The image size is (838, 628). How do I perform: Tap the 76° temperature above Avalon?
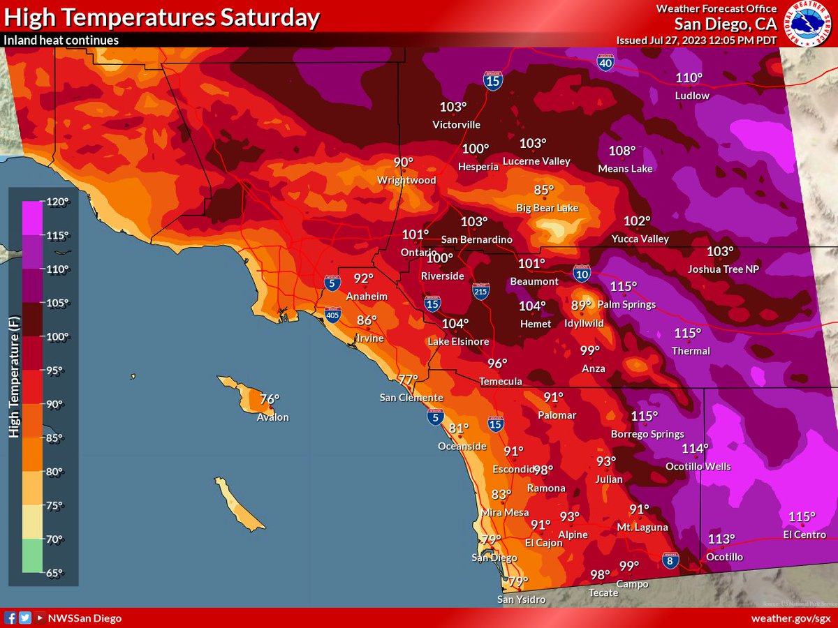click(x=270, y=400)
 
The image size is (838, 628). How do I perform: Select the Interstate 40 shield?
click(x=605, y=63)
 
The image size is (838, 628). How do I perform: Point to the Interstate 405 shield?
click(x=332, y=316)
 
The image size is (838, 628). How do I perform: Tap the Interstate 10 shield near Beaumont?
click(x=582, y=273)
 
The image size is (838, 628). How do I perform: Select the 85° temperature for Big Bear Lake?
click(x=544, y=190)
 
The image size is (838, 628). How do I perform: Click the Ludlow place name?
click(x=692, y=96)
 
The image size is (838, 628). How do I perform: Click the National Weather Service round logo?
click(x=809, y=23)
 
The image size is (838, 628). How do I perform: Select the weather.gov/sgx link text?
click(x=791, y=618)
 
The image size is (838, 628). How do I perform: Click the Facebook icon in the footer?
click(x=10, y=618)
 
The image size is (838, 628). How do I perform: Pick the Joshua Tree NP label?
click(x=722, y=269)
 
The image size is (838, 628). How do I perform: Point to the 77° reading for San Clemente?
click(x=408, y=380)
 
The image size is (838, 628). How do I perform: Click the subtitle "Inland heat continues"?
click(x=61, y=40)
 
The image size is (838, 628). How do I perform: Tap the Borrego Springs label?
click(x=647, y=434)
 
